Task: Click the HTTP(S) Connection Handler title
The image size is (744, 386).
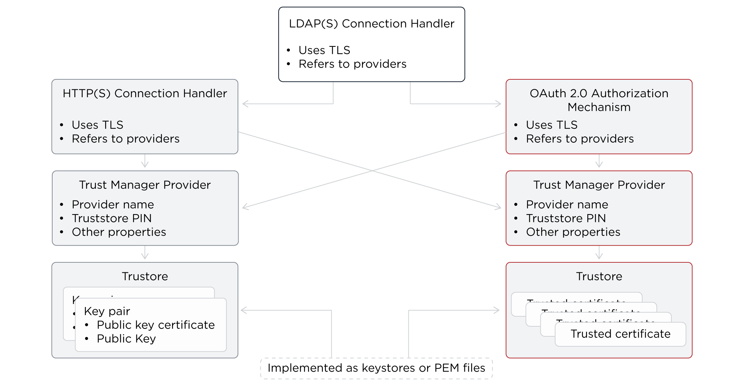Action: tap(145, 93)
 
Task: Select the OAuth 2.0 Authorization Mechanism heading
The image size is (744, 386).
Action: tap(599, 100)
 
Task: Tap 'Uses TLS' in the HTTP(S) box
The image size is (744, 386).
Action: tap(97, 125)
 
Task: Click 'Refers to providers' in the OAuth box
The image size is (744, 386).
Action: tap(579, 139)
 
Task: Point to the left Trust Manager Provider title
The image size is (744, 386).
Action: tap(145, 185)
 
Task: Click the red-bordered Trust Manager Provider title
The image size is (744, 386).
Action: tap(599, 185)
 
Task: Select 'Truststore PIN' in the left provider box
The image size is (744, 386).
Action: tap(112, 218)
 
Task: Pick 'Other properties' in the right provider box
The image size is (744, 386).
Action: tap(573, 232)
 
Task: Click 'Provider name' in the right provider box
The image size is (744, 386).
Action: tap(567, 204)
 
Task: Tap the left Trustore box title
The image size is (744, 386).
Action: tap(145, 276)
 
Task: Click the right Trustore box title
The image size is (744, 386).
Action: tap(599, 276)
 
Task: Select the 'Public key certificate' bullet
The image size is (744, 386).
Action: tap(156, 325)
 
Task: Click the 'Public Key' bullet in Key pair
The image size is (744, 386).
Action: tap(126, 338)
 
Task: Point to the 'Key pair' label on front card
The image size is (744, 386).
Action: tap(107, 311)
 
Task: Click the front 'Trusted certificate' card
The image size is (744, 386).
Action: tap(620, 334)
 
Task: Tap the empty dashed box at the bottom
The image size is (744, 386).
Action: tap(376, 368)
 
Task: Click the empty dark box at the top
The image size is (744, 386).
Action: tap(372, 44)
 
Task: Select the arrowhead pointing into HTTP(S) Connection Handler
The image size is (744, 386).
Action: tap(245, 104)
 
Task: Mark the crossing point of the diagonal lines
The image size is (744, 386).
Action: tap(372, 171)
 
